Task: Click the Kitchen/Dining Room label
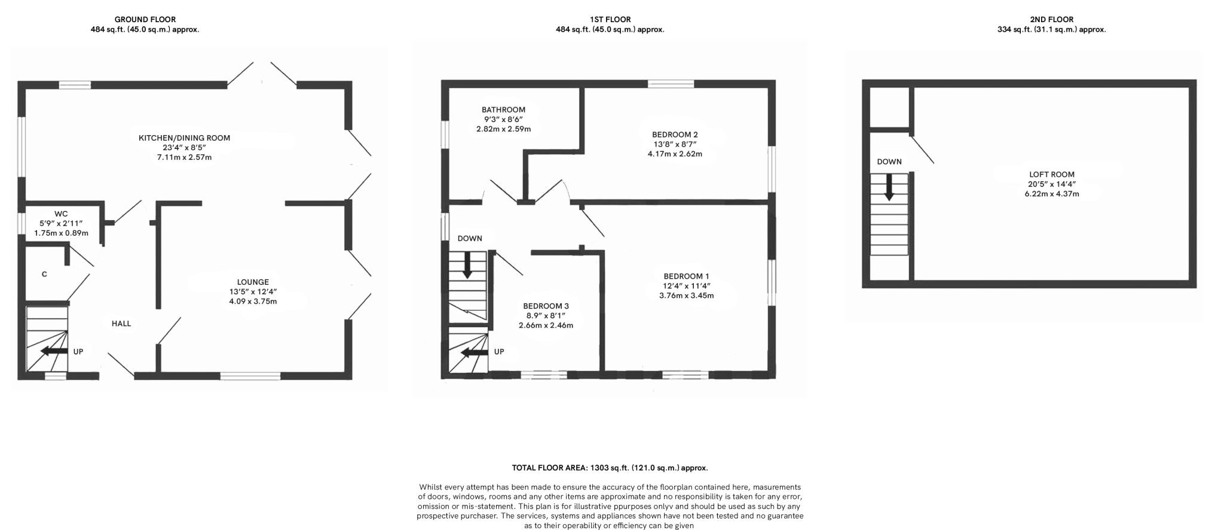pos(184,138)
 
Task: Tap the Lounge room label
pos(253,282)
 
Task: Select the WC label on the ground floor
pos(61,214)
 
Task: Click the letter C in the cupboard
pos(44,275)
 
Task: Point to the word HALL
pos(121,324)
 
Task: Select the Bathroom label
pos(503,110)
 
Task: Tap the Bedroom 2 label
pos(675,135)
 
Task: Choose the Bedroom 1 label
pos(686,276)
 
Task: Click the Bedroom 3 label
pos(545,306)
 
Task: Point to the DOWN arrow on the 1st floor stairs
pos(467,265)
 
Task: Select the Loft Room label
pos(1051,175)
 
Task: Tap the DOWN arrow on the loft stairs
pos(889,187)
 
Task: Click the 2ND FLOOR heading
pos(1051,19)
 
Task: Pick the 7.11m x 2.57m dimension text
pos(184,157)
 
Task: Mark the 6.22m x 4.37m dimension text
pos(1051,194)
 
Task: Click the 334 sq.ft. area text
pos(1051,29)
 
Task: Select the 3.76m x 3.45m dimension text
pos(686,296)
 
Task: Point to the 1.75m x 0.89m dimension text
pos(61,233)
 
